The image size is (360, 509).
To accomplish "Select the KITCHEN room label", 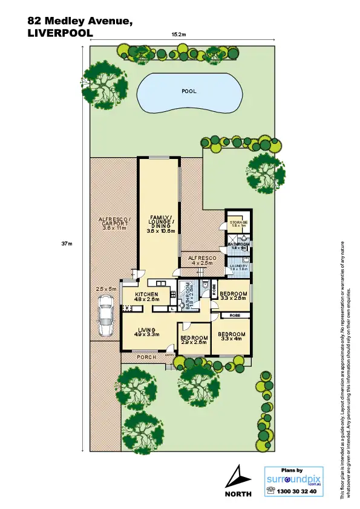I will coord(146,295).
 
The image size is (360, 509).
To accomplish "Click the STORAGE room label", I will coord(238,223).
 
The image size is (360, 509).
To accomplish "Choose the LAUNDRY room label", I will coord(238,266).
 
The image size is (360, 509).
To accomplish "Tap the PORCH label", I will coord(147,357).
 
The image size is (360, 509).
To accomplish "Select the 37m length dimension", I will coord(67,244).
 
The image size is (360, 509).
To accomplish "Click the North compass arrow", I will coord(238,475).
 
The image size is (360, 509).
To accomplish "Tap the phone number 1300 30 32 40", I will coord(296,491).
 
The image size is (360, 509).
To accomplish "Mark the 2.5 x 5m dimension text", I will coord(106,290).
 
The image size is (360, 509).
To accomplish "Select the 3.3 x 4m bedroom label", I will coord(231,336).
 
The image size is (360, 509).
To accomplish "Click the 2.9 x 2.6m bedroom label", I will coord(194,340).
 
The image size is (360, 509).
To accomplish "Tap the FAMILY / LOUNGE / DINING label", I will coord(160,224).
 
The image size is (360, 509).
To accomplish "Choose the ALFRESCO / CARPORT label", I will coord(114,224).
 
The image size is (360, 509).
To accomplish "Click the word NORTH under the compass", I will coord(238,494).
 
